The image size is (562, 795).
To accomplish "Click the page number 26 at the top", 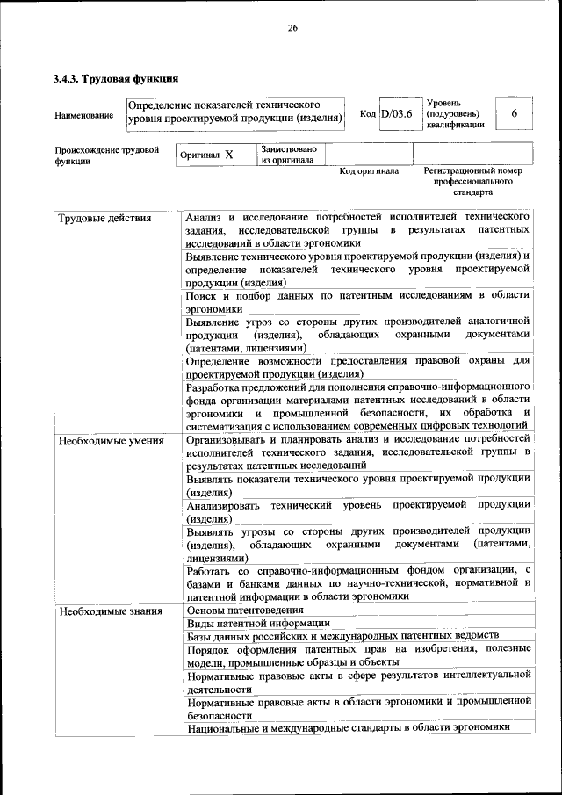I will point(292,28).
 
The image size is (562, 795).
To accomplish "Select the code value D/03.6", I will point(397,115).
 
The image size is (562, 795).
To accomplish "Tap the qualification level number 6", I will point(515,115).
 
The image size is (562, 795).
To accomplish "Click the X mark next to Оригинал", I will point(229,155).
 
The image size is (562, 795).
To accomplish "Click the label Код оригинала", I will point(369,171).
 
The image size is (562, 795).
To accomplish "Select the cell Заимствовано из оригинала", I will point(288,155).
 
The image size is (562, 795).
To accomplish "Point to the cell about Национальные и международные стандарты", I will point(348,726).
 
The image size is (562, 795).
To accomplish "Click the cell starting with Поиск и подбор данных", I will point(357,303).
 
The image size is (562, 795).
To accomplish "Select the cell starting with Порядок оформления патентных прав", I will point(357,655).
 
